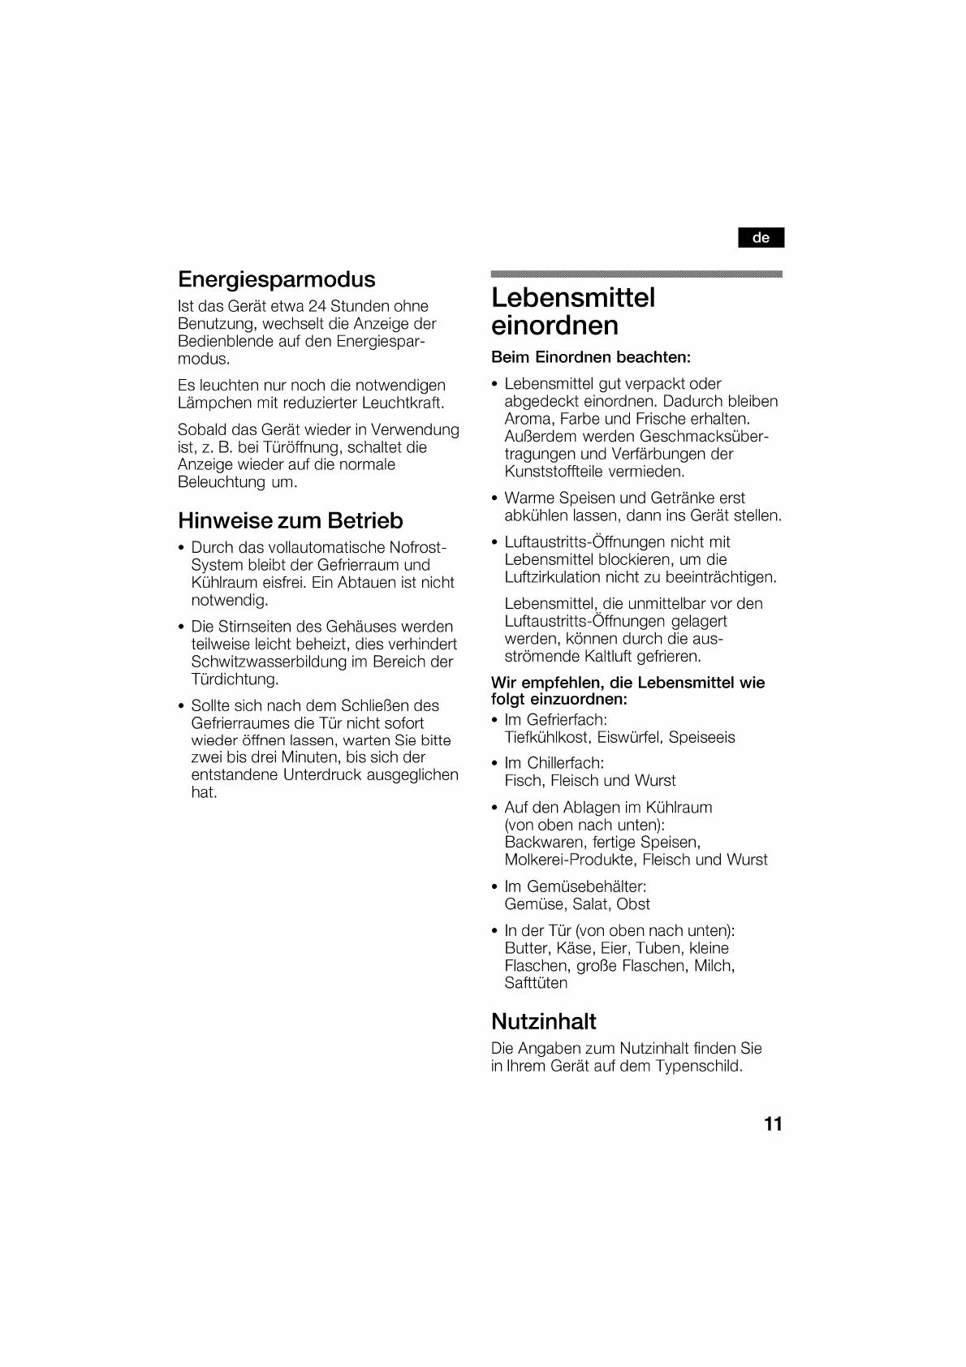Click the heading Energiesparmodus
point(277,279)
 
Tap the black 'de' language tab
point(761,238)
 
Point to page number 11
point(773,1124)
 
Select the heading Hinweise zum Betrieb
point(291,520)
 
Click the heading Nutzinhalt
point(544,1021)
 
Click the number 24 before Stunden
point(317,306)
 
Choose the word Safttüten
point(536,983)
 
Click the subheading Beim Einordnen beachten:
point(591,357)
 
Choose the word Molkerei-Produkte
point(568,860)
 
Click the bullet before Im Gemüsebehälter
point(494,887)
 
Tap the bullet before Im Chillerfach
point(494,764)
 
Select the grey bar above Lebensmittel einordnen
point(636,274)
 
